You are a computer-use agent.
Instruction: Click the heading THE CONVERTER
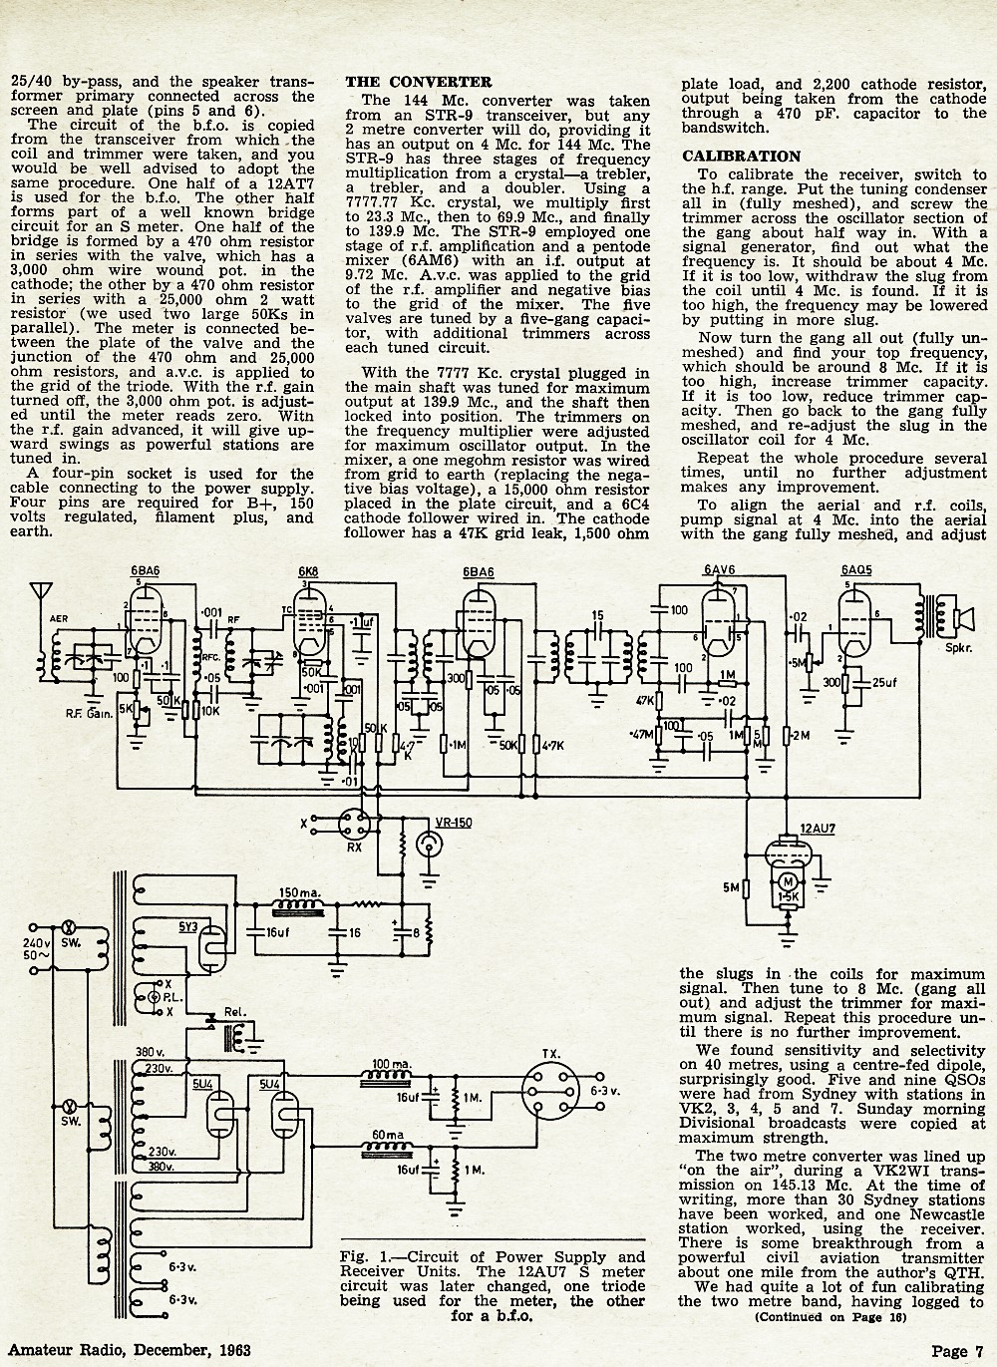point(418,83)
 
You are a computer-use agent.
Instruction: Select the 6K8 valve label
point(308,571)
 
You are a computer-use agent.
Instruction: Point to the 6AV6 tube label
point(720,570)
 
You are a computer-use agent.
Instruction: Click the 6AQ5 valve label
point(856,570)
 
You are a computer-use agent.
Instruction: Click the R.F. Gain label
point(89,713)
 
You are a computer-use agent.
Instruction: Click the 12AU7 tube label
point(818,829)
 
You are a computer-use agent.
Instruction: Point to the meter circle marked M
point(788,881)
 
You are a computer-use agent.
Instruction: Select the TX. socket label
point(550,1054)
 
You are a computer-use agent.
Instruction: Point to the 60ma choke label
point(388,1135)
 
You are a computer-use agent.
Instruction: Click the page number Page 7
point(957,1351)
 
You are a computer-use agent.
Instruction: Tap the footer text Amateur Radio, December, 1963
point(130,1350)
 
